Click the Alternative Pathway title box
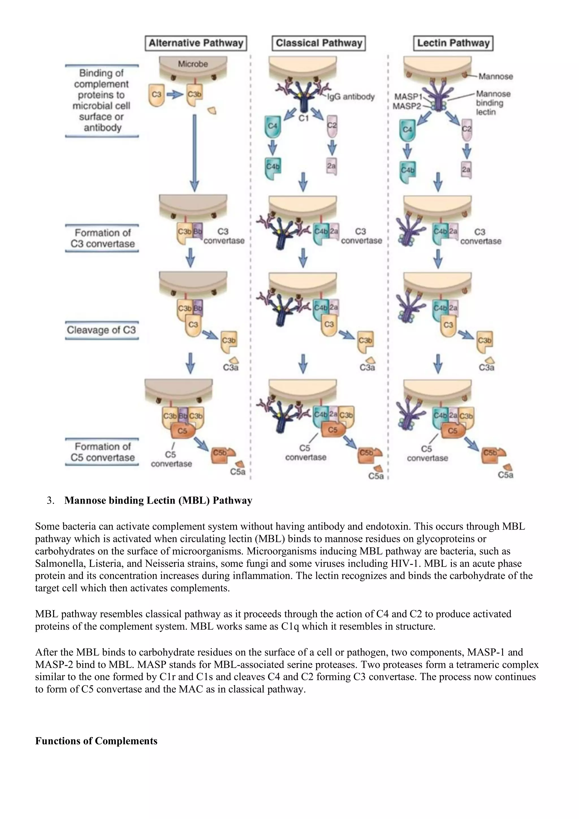[196, 43]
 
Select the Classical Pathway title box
[319, 43]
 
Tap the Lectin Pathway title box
[453, 43]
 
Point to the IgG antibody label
[351, 97]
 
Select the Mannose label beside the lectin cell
[496, 76]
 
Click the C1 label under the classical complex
[304, 118]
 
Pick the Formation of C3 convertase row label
[102, 238]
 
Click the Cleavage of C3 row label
[102, 330]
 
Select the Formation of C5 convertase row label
[102, 452]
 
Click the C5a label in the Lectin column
[505, 475]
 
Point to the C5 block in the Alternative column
[182, 431]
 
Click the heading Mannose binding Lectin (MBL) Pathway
[158, 500]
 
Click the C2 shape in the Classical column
[332, 125]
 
